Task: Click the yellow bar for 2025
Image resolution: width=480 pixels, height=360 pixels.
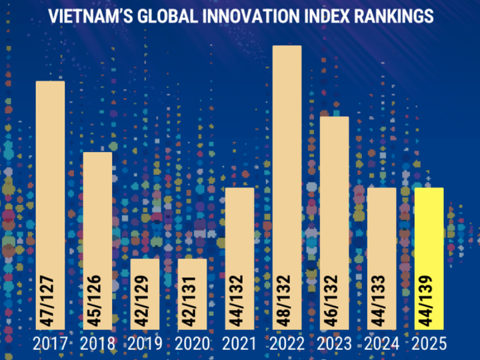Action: [429, 259]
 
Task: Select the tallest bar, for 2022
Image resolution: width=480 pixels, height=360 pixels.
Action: [287, 187]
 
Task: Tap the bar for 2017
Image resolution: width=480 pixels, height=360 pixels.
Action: [50, 205]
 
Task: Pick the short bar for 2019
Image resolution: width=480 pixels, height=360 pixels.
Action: [145, 294]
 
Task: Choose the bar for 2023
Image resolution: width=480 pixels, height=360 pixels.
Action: [334, 223]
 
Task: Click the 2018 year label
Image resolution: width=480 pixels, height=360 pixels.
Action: [97, 343]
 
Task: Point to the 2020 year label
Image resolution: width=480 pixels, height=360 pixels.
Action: [192, 343]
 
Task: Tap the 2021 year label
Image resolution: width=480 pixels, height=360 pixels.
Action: [239, 343]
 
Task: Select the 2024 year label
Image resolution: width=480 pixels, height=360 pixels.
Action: [382, 343]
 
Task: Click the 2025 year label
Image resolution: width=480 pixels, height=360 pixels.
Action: [429, 343]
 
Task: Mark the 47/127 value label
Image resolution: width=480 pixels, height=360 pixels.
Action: [47, 301]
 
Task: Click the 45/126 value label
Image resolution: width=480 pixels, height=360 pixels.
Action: [95, 301]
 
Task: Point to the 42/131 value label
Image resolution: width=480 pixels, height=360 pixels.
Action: [189, 301]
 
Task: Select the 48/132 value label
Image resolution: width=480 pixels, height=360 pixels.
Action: [284, 301]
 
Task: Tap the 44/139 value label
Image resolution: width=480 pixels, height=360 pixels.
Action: [426, 301]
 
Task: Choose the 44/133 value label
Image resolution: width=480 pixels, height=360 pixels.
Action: [379, 301]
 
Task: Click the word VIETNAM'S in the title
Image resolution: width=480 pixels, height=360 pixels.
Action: [91, 16]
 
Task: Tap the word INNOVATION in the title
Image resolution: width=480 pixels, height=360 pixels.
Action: [251, 16]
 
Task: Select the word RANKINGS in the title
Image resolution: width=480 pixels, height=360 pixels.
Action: [394, 16]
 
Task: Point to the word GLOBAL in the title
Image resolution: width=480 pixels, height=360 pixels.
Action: [168, 16]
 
